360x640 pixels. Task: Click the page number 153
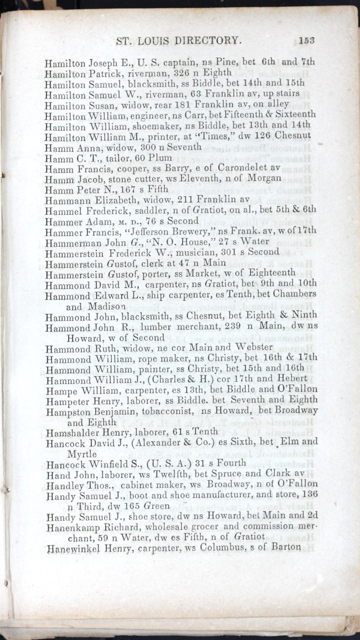click(307, 40)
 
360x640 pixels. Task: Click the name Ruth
click(103, 348)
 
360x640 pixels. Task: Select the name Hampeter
click(67, 400)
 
